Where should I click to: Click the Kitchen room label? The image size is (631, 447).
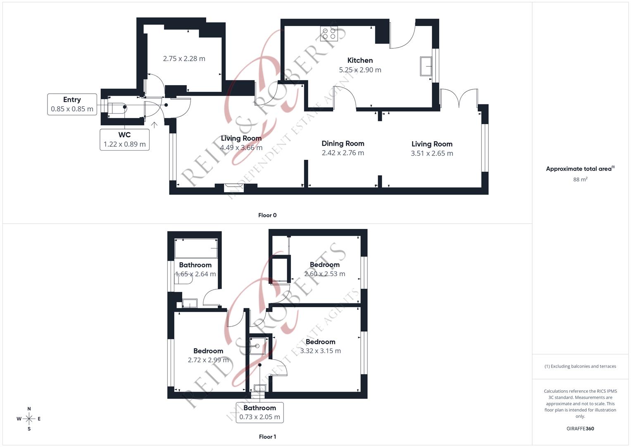pyautogui.click(x=360, y=60)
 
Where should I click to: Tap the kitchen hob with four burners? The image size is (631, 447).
pyautogui.click(x=329, y=33)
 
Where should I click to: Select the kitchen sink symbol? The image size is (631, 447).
pyautogui.click(x=426, y=66)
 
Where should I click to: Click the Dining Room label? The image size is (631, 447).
pyautogui.click(x=343, y=144)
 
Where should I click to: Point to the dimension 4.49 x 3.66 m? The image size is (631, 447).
pyautogui.click(x=241, y=148)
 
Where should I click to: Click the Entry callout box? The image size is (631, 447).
pyautogui.click(x=72, y=104)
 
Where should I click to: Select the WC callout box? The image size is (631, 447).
pyautogui.click(x=124, y=139)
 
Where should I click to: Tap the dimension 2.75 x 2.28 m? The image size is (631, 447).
pyautogui.click(x=184, y=59)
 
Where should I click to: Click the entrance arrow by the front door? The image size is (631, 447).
pyautogui.click(x=155, y=125)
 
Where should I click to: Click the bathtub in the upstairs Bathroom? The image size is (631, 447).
pyautogui.click(x=196, y=248)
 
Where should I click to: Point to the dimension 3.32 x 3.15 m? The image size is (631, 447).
pyautogui.click(x=320, y=351)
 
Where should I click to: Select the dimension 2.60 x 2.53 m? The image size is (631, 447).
pyautogui.click(x=324, y=274)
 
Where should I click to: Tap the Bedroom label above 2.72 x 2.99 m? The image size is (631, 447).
pyautogui.click(x=208, y=351)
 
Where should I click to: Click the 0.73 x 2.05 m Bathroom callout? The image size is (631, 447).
pyautogui.click(x=260, y=412)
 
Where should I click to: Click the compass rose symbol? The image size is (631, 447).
pyautogui.click(x=29, y=419)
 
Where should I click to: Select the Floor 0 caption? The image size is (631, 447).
pyautogui.click(x=267, y=215)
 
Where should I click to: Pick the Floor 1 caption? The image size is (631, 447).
pyautogui.click(x=267, y=437)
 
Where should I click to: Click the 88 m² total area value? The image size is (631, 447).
pyautogui.click(x=580, y=180)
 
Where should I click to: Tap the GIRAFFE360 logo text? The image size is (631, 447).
pyautogui.click(x=580, y=429)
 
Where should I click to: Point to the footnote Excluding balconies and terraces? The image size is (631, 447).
pyautogui.click(x=580, y=366)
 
